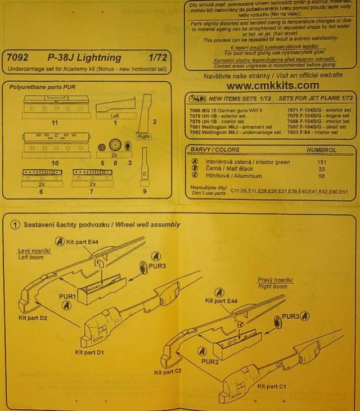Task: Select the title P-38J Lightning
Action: pos(85,58)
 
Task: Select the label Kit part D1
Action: pos(90,351)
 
